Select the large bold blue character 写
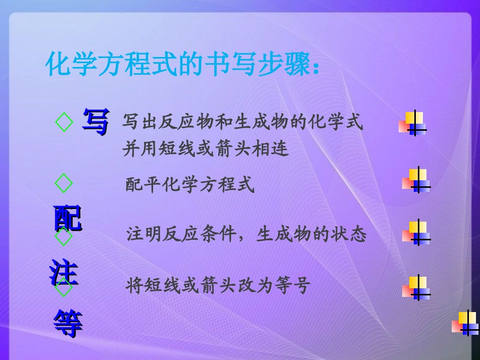coord(95,123)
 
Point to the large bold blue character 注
coord(64,272)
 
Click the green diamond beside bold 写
coord(64,123)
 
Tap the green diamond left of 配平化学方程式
coord(64,183)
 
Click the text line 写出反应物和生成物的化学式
coord(243,122)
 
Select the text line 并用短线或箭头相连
coord(206,149)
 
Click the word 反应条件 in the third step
coord(200,235)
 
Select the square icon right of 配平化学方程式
coord(416,180)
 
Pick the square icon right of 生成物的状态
coord(416,233)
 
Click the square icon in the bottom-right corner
coord(465,323)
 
